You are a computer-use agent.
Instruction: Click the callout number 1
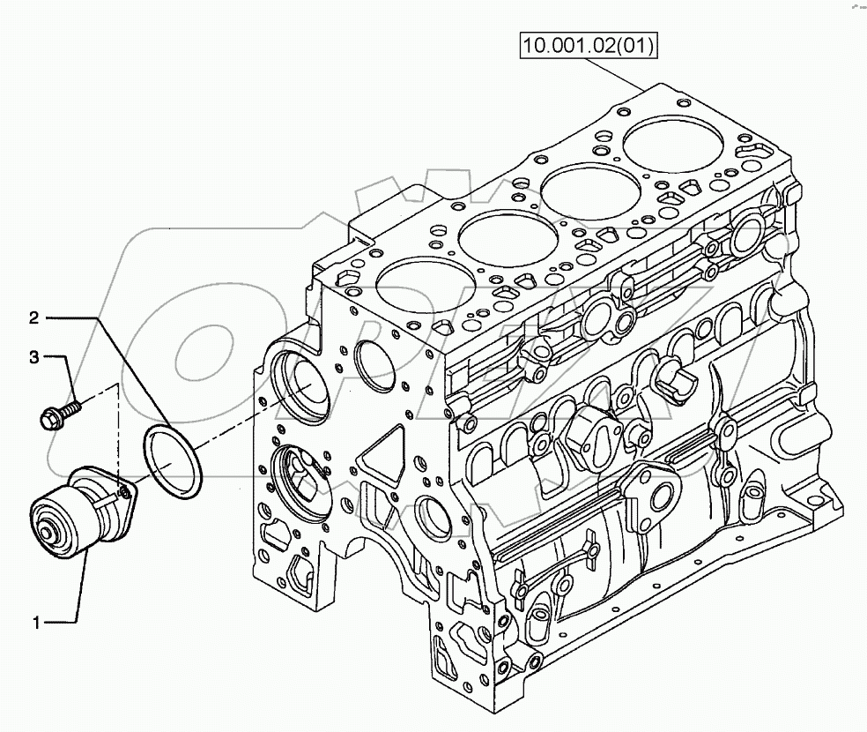click(x=37, y=624)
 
